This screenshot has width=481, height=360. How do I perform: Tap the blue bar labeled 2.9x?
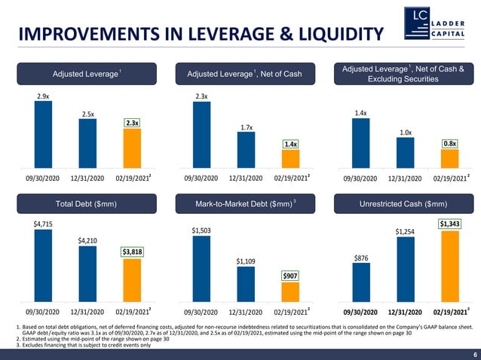tap(43, 135)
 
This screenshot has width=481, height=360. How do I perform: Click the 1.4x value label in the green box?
tap(290, 143)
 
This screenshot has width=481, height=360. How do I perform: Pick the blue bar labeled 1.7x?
tap(246, 151)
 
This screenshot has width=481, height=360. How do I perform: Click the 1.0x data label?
tap(405, 133)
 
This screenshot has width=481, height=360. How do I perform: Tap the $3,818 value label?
tap(132, 252)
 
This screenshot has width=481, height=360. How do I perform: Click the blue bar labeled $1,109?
tap(246, 283)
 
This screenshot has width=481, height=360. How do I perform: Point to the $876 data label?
tap(361, 258)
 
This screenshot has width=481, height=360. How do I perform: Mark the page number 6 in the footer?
tap(474, 354)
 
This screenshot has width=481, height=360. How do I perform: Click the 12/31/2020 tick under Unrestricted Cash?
tap(405, 310)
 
